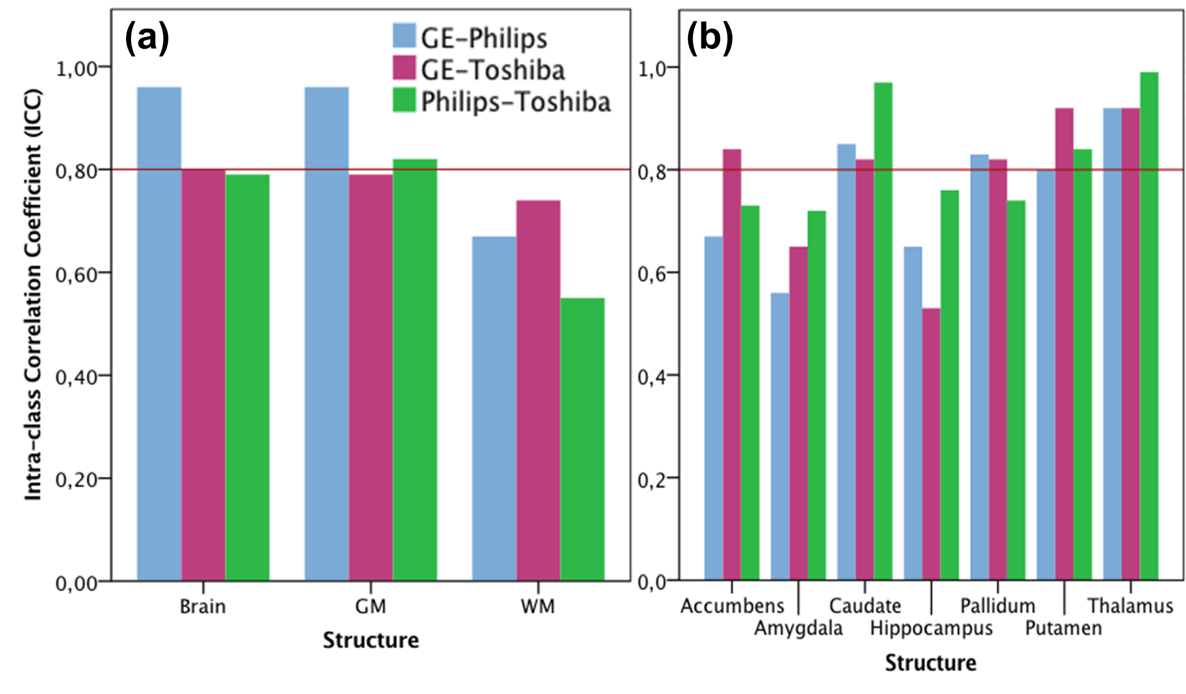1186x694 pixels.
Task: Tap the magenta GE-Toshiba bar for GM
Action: coord(371,377)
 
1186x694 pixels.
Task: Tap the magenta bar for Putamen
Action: coord(1064,344)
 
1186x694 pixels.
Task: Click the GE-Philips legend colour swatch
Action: coord(404,36)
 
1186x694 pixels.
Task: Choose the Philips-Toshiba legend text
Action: coord(516,102)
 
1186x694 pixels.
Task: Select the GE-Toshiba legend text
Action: coord(493,70)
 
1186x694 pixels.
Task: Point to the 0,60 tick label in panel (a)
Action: coord(76,274)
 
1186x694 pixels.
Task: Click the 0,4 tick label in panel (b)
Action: coord(652,377)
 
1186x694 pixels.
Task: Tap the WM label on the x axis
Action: coord(537,607)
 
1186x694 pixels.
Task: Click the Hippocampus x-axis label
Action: coord(931,628)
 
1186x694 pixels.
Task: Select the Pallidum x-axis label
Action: coord(997,606)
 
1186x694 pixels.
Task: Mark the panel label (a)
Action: coord(147,39)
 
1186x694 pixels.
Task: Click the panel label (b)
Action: coord(710,39)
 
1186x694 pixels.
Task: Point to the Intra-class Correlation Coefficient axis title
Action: coord(33,295)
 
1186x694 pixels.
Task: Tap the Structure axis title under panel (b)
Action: coord(930,663)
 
